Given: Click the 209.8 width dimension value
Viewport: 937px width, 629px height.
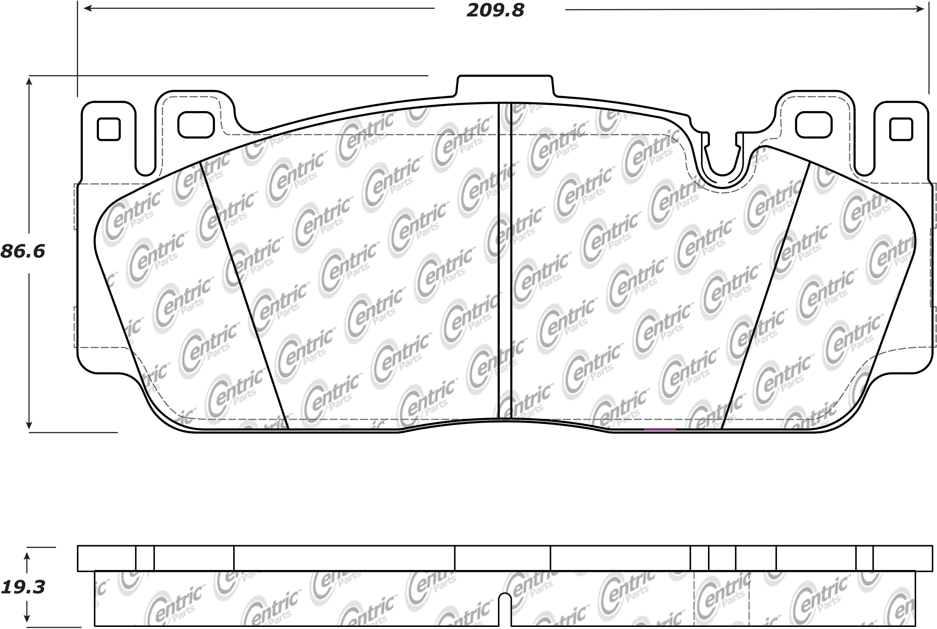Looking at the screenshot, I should click(x=495, y=11).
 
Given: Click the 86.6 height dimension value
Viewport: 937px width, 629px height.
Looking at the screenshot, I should click(x=23, y=252).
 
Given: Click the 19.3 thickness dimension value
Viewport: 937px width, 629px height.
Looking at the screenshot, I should click(x=23, y=587).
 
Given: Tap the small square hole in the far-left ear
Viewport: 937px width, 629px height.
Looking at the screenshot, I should click(x=109, y=129).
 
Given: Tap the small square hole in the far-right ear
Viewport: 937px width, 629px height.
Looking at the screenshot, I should click(x=901, y=129).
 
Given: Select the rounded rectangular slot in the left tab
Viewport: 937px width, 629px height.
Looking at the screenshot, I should click(x=196, y=124).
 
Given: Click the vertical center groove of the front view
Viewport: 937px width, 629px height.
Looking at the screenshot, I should click(x=505, y=261).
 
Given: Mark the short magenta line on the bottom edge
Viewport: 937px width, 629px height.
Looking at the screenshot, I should click(x=660, y=429).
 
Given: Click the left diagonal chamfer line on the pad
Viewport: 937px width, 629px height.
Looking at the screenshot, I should click(x=244, y=295).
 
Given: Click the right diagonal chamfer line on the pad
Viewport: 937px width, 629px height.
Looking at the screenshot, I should click(x=765, y=295).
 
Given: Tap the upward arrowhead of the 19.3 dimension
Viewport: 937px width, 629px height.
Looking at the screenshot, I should click(x=27, y=557).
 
